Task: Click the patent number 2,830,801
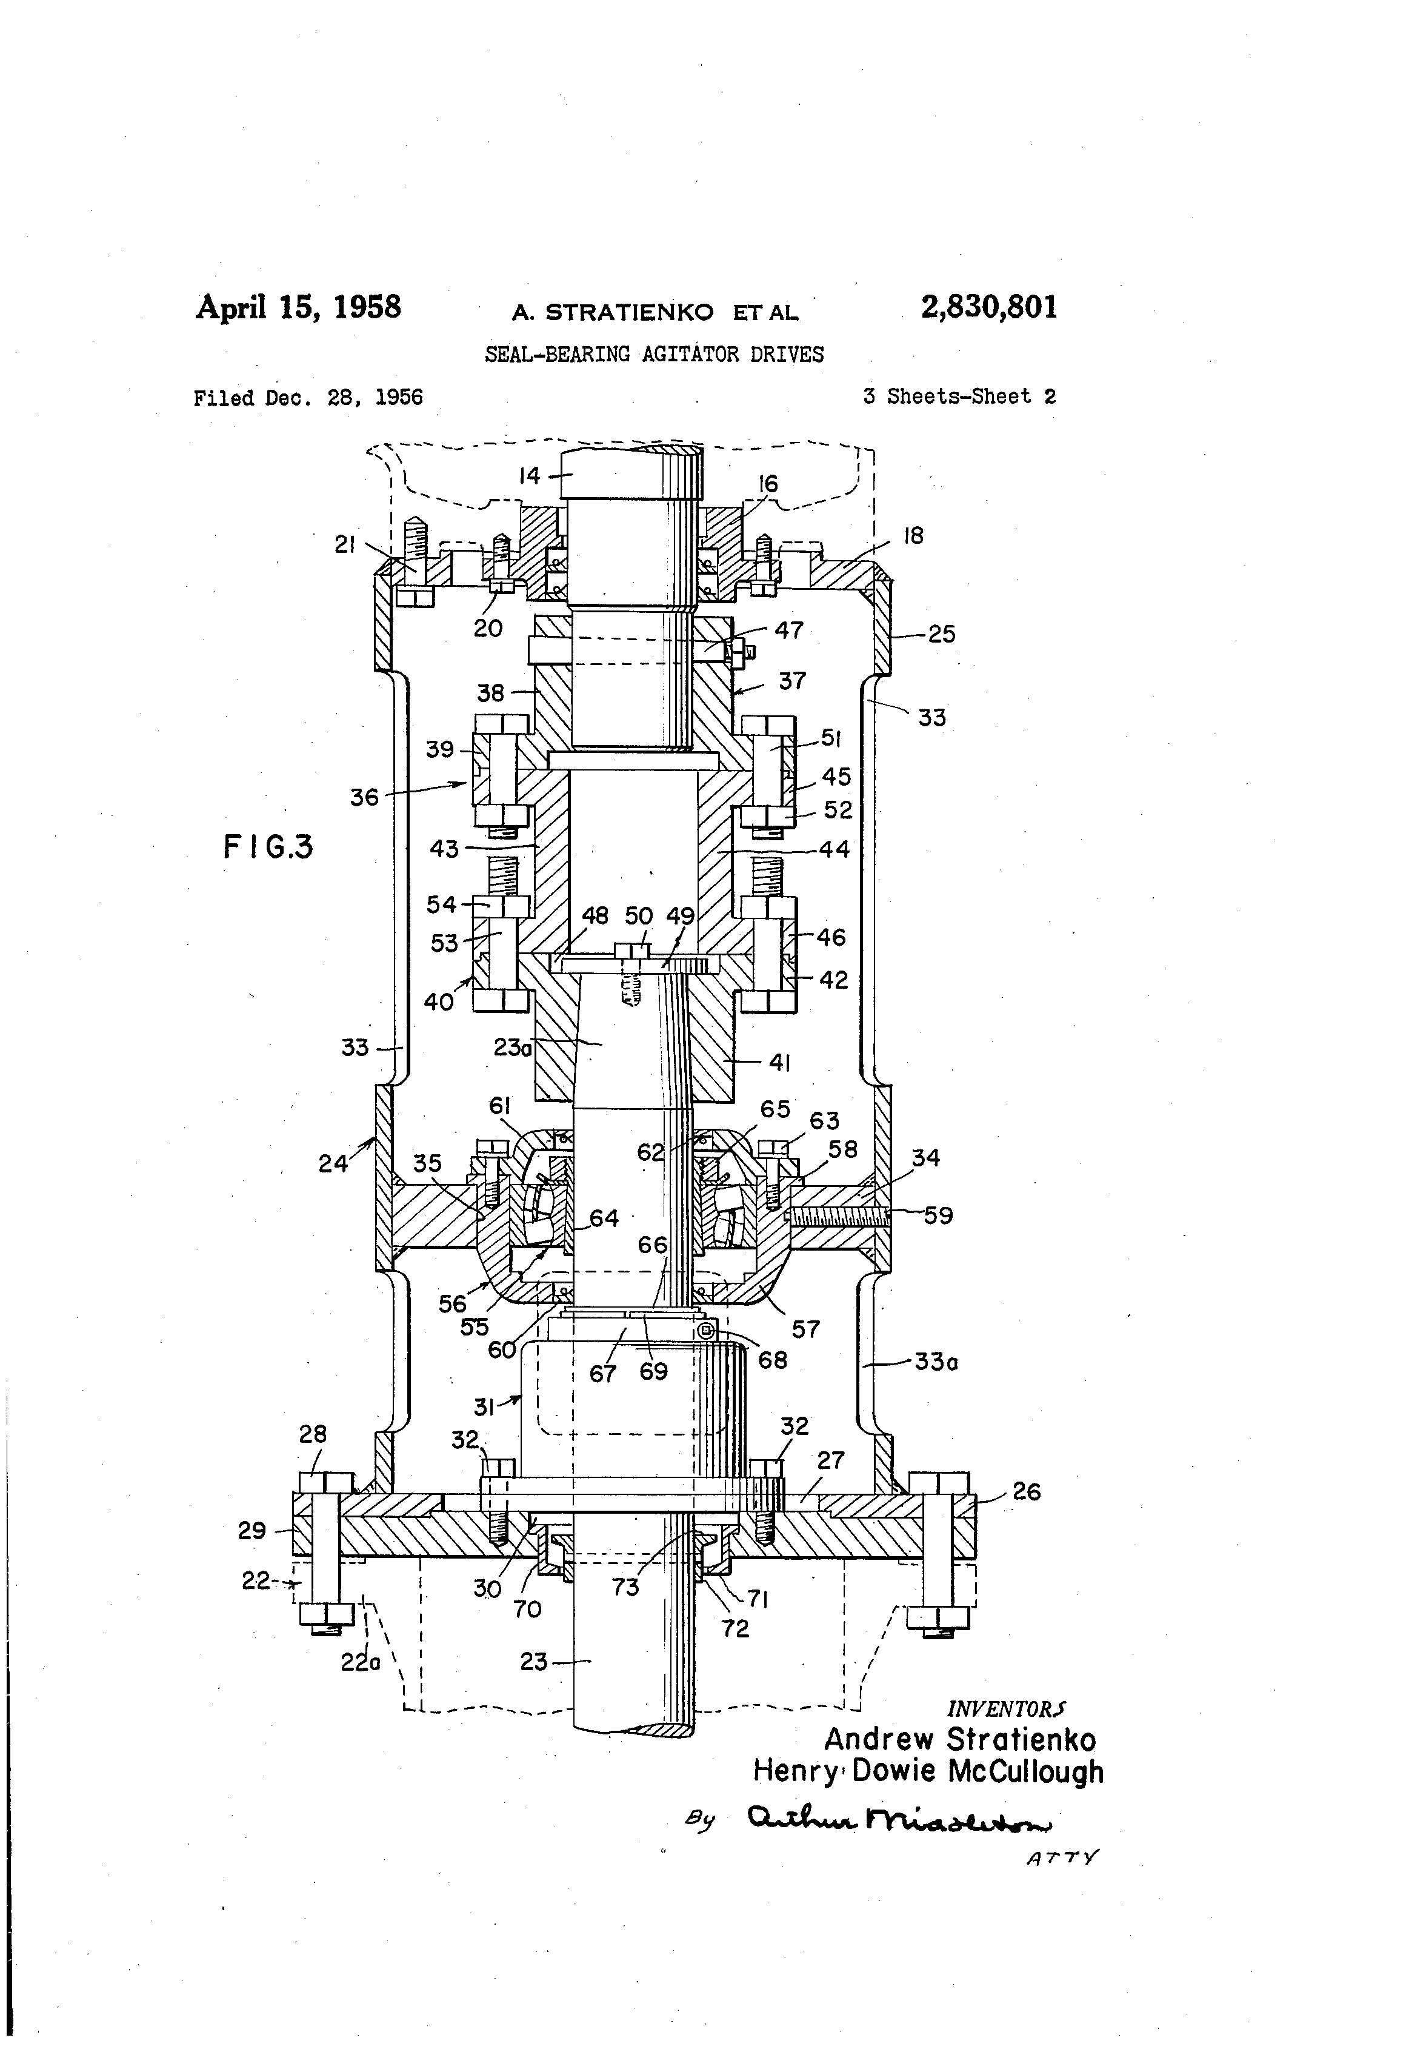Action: coord(989,307)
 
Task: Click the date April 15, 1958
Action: coord(299,307)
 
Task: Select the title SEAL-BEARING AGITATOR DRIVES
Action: coord(653,355)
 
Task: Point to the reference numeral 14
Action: coord(530,476)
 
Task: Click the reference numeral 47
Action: coord(788,630)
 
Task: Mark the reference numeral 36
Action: coord(364,797)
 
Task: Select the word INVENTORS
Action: coord(1006,1708)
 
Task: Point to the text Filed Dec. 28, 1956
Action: coord(308,397)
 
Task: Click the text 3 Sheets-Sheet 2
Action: coord(959,396)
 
